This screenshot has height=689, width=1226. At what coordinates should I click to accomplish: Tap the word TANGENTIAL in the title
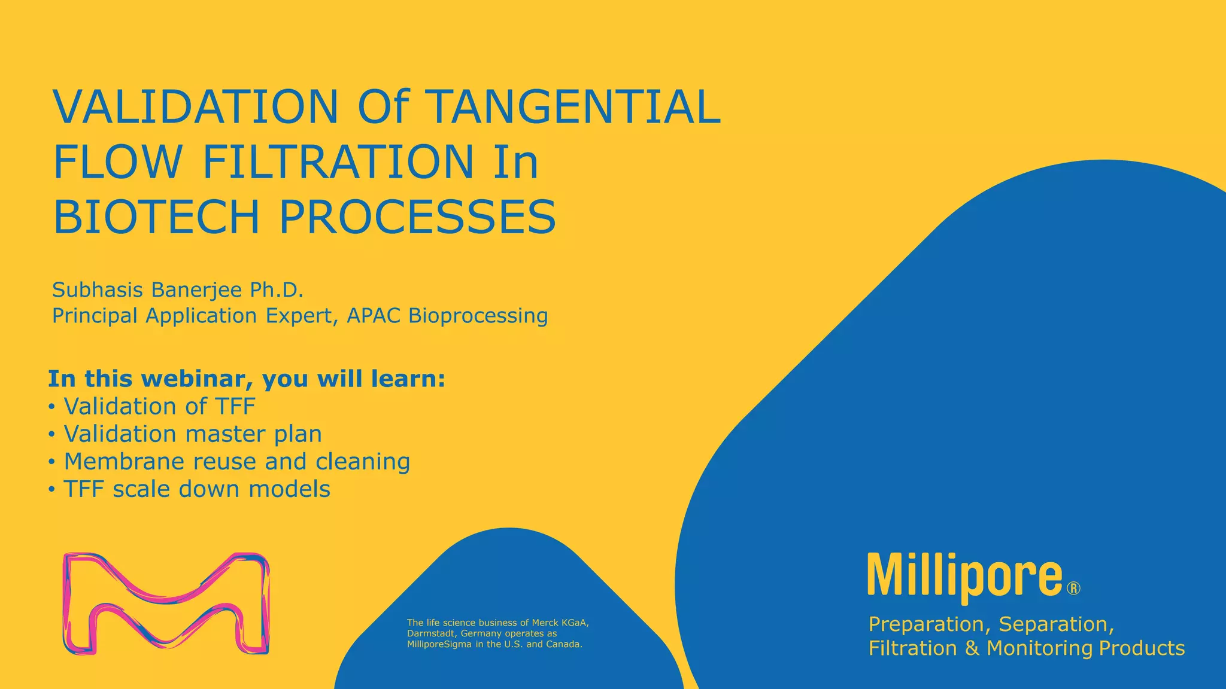pyautogui.click(x=575, y=107)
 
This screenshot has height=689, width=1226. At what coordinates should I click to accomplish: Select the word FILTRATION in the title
pyautogui.click(x=338, y=162)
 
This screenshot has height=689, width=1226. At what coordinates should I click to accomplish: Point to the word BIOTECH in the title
pyautogui.click(x=156, y=217)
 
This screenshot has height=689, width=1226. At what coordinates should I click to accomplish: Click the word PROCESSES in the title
pyautogui.click(x=417, y=217)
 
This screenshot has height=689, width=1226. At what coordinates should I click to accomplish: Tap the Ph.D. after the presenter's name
pyautogui.click(x=277, y=290)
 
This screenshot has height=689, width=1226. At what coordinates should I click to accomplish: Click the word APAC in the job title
pyautogui.click(x=374, y=316)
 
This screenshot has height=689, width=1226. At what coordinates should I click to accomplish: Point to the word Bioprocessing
pyautogui.click(x=478, y=316)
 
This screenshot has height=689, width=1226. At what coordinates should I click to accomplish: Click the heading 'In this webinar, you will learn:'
pyautogui.click(x=247, y=379)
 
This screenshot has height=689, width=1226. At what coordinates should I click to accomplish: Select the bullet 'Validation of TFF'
pyautogui.click(x=159, y=407)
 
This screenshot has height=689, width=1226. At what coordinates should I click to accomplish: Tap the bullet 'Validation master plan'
pyautogui.click(x=192, y=434)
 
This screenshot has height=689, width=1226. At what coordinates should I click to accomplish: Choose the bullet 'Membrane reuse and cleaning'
pyautogui.click(x=236, y=462)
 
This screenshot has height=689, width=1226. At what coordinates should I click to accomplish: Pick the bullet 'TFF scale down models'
pyautogui.click(x=196, y=489)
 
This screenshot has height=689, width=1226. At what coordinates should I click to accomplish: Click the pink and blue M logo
pyautogui.click(x=166, y=603)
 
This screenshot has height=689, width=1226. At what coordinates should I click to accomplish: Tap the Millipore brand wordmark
pyautogui.click(x=964, y=575)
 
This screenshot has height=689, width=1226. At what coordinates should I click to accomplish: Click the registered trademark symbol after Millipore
pyautogui.click(x=1073, y=589)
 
